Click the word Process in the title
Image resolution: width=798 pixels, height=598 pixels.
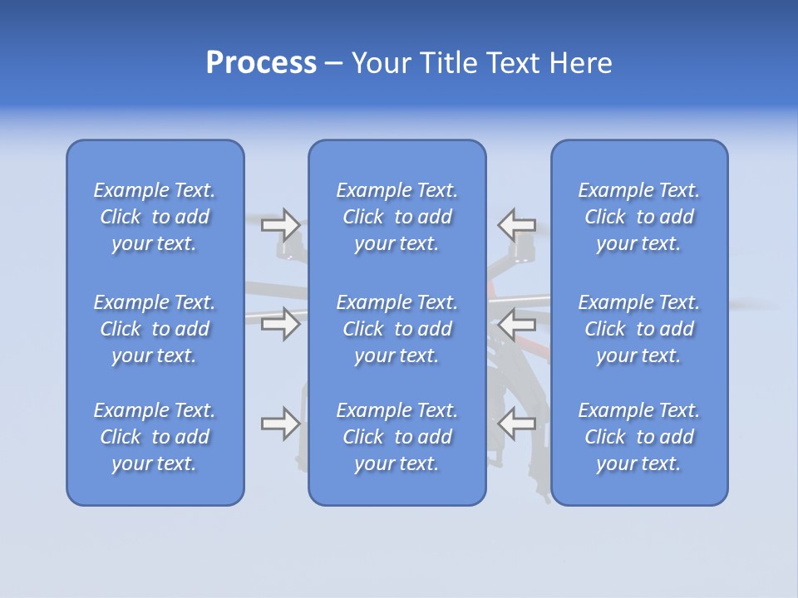coord(261,63)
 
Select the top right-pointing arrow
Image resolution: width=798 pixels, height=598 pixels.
coord(280,224)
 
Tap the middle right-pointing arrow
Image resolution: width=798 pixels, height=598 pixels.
coord(280,323)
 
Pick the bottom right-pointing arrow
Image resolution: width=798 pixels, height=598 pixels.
coord(280,424)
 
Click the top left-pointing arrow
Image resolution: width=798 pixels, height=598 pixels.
coord(516,224)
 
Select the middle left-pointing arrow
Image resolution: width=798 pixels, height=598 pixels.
coord(516,323)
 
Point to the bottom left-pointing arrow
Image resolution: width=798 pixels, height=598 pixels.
coord(516,424)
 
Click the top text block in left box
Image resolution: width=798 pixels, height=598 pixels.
coord(155,217)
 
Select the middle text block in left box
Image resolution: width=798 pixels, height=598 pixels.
coord(155,329)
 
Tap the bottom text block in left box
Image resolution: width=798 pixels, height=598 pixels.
coord(155,437)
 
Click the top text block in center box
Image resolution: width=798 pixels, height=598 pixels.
coord(397,217)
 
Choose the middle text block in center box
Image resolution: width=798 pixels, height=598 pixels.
coord(397,329)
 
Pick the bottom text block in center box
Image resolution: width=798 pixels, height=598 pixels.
coord(397,437)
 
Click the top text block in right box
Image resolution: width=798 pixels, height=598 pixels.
coord(638,217)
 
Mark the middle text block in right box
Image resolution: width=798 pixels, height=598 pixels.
coord(638,329)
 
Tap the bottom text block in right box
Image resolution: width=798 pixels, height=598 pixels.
coord(638,437)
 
